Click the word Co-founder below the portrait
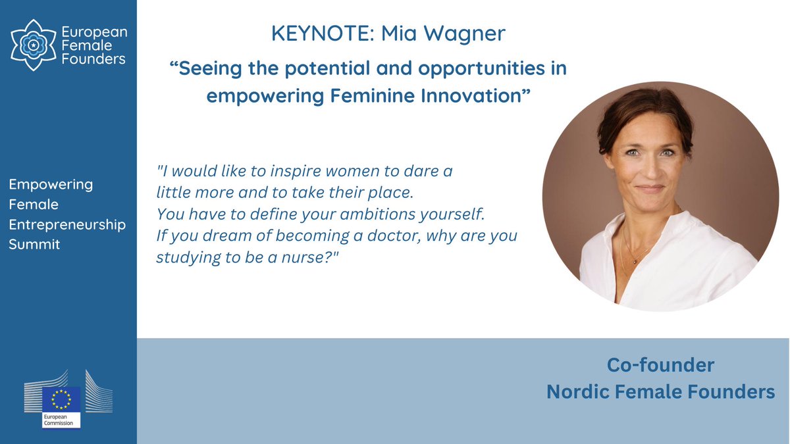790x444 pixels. [660, 365]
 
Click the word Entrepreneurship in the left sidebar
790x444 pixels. [67, 224]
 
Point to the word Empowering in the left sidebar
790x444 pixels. [51, 184]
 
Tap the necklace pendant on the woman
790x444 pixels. [635, 262]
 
